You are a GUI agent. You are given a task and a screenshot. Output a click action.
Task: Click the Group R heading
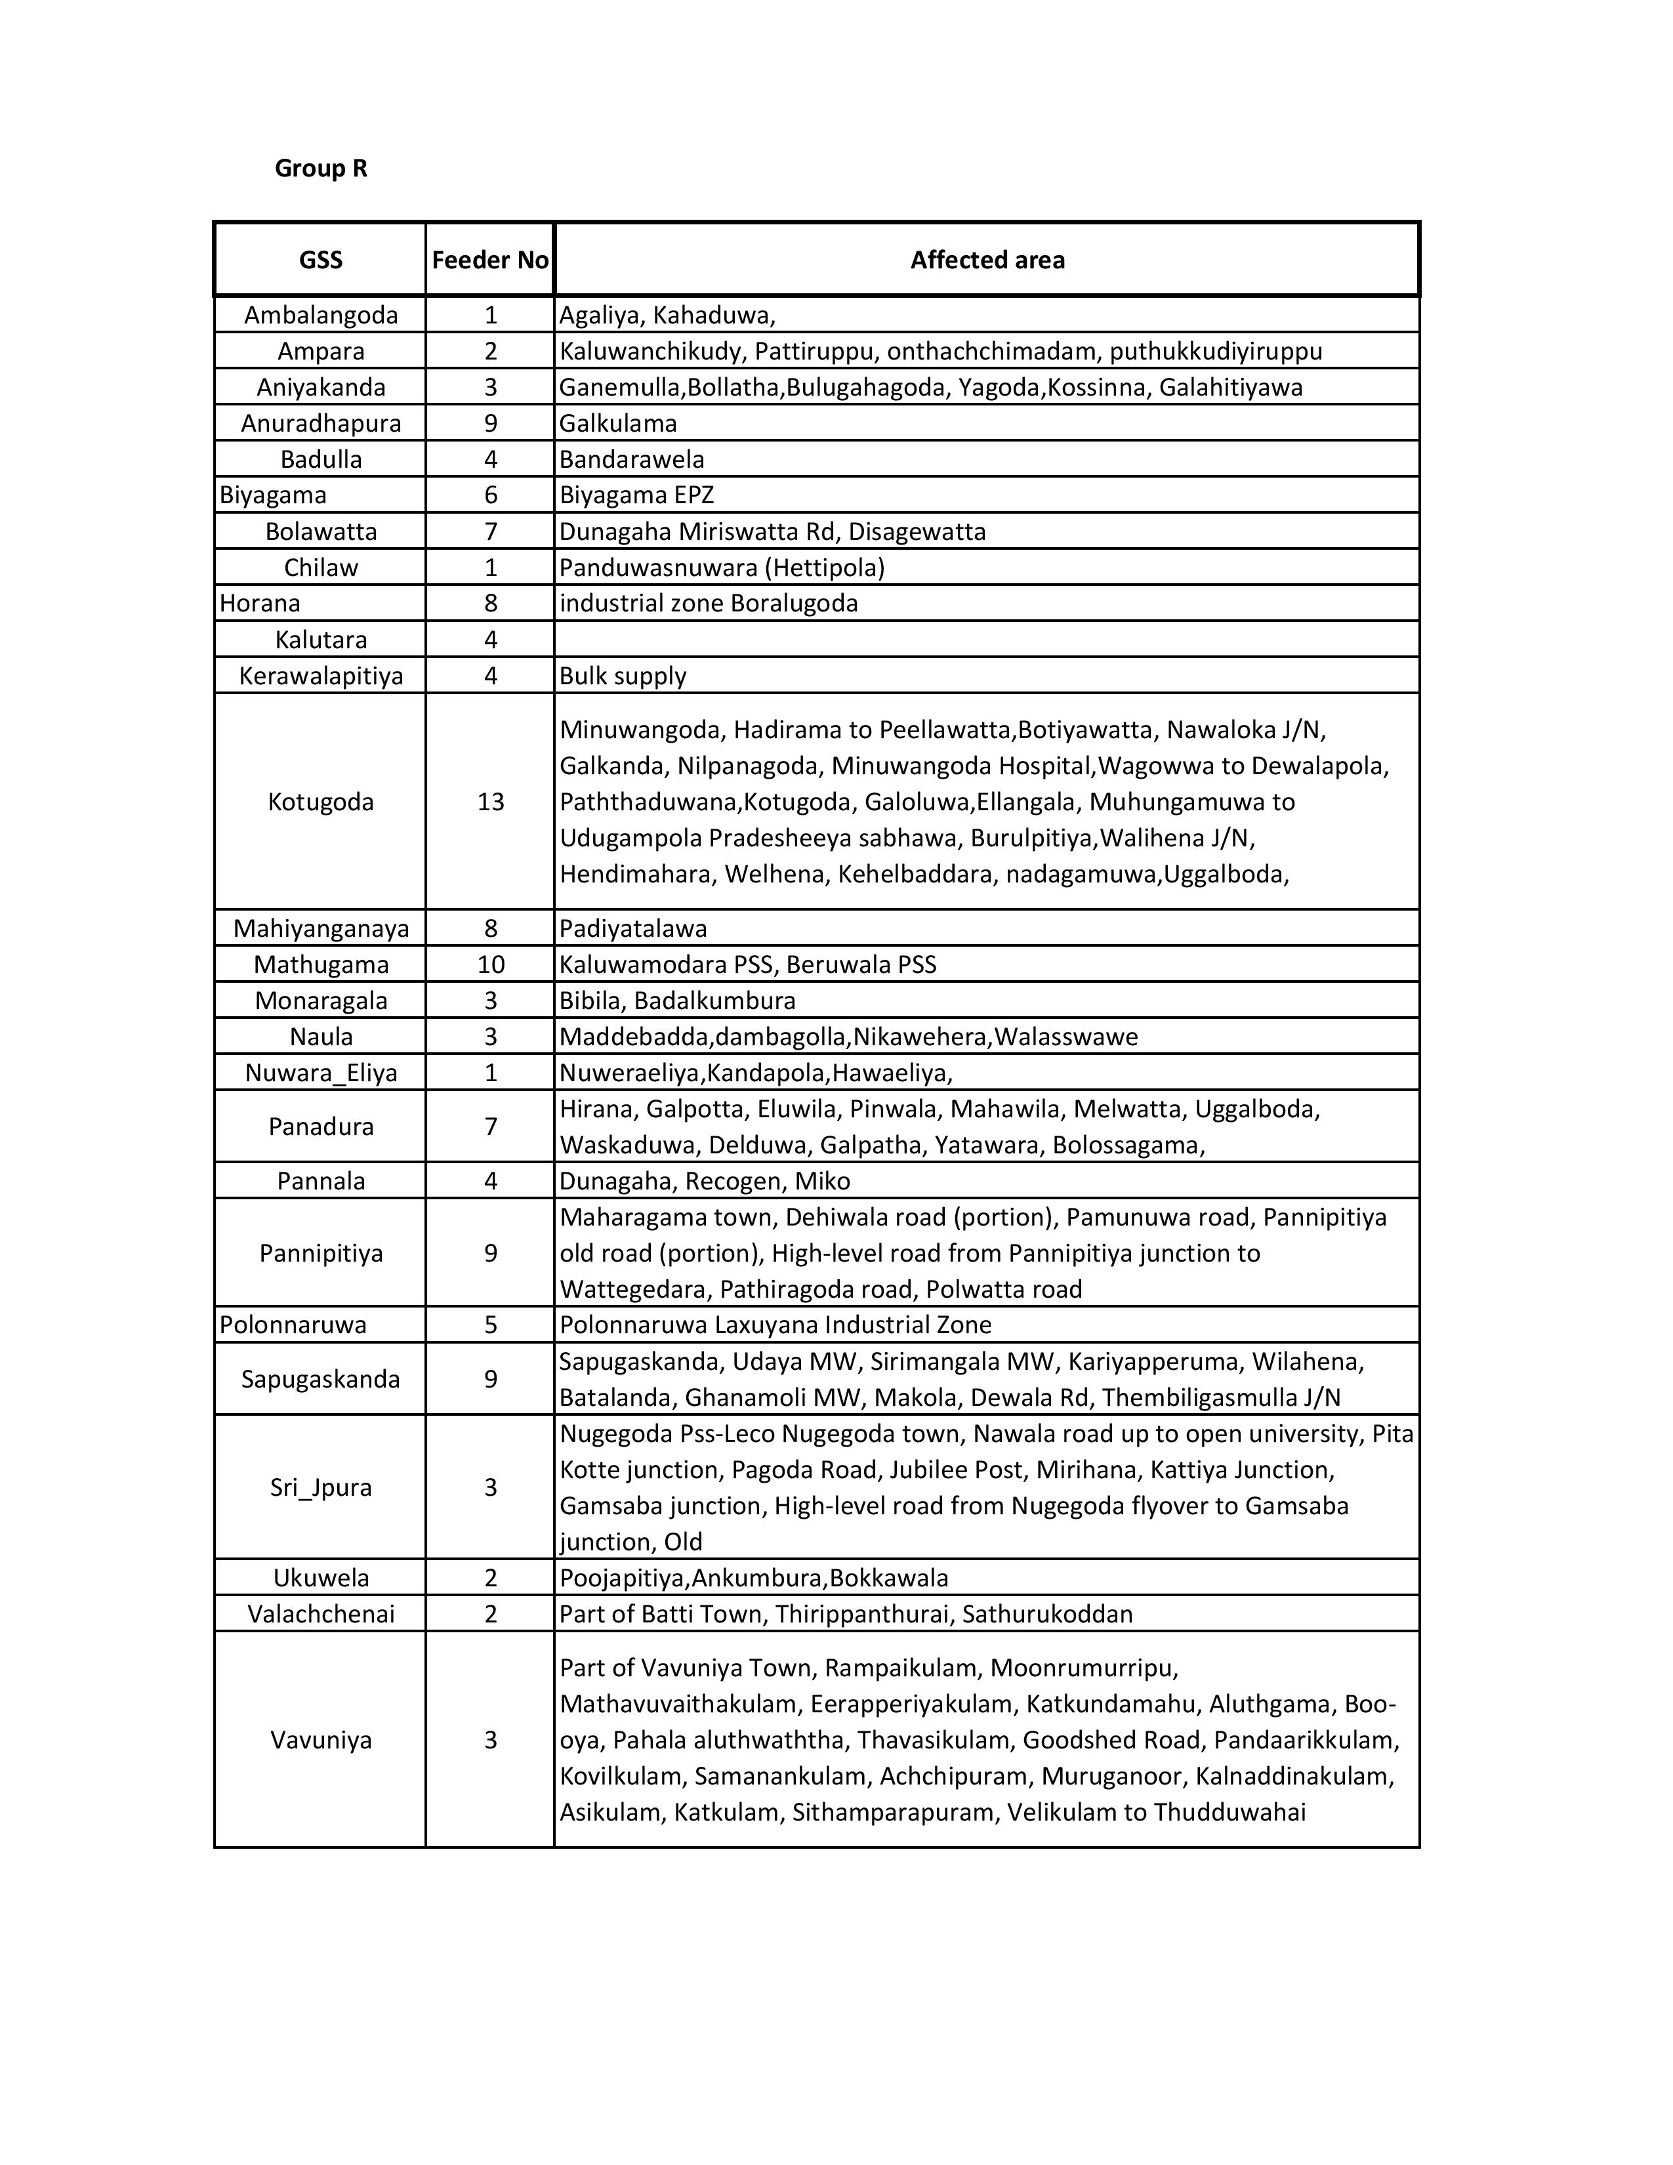tap(320, 169)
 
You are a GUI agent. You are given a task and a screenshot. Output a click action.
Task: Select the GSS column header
tap(320, 260)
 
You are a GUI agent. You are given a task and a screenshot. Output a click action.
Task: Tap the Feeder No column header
tap(489, 260)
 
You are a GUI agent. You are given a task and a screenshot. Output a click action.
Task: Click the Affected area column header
tap(987, 260)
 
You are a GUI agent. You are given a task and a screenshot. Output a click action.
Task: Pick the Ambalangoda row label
tap(320, 315)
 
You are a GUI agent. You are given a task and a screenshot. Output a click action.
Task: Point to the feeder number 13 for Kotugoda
tap(491, 802)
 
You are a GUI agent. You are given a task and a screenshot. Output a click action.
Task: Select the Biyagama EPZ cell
tap(636, 495)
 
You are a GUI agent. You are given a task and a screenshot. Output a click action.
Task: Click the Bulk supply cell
tap(623, 676)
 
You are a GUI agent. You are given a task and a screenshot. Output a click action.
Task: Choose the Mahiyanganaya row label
tap(320, 929)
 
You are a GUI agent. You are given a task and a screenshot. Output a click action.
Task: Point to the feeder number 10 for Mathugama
tap(491, 964)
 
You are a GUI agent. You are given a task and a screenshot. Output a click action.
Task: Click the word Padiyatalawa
tap(632, 929)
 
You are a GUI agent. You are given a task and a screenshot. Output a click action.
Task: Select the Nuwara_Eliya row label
tap(320, 1073)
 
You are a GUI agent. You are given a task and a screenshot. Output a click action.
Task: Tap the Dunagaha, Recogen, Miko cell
tap(705, 1181)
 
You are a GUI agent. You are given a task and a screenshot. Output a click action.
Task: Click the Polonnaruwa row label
tap(293, 1325)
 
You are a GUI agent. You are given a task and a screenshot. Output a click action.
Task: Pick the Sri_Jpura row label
tap(320, 1487)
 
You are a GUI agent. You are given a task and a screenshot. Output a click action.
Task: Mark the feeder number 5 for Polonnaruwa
tap(491, 1325)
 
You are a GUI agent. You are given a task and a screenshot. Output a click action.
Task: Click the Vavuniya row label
tap(320, 1740)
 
